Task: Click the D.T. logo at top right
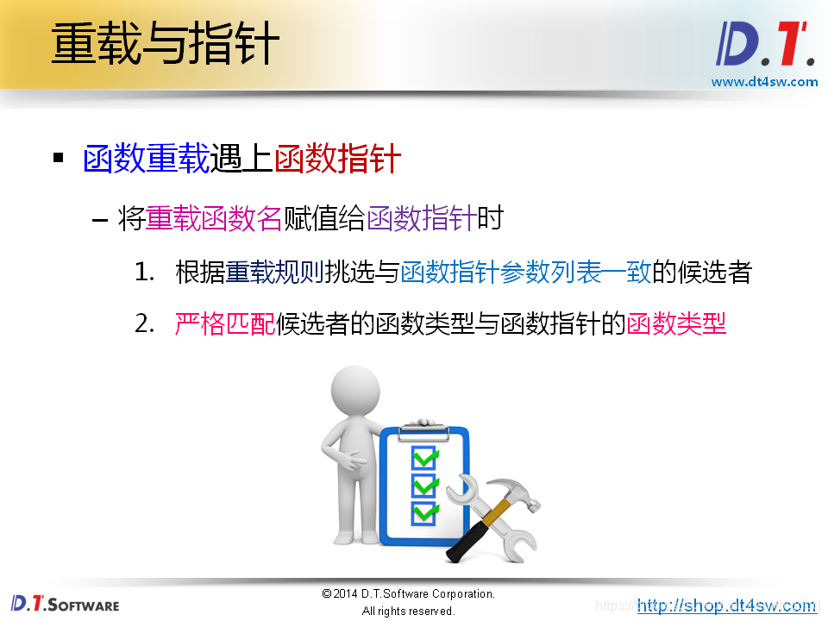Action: (x=765, y=46)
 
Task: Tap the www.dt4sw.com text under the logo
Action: (x=764, y=82)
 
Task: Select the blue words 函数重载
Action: (x=147, y=160)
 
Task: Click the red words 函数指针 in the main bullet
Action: (x=338, y=160)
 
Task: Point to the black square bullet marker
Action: (x=59, y=159)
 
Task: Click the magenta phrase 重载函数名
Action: (x=214, y=219)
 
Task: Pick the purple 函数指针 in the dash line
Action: (x=422, y=219)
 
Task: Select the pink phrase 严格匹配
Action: (x=225, y=324)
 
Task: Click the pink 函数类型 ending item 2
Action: (x=677, y=324)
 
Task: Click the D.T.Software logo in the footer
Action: (x=65, y=604)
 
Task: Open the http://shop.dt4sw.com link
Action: (x=726, y=605)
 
